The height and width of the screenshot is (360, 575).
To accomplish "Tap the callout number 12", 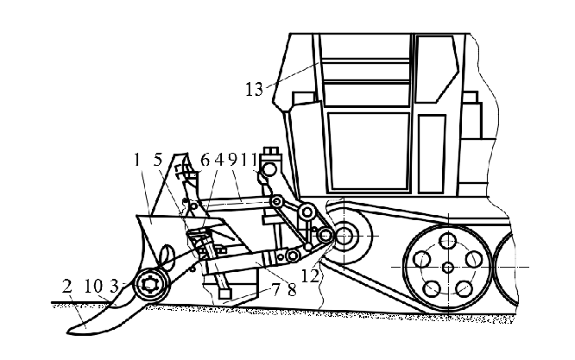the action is tap(307, 275).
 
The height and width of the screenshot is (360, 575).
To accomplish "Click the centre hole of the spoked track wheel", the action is tap(446, 266).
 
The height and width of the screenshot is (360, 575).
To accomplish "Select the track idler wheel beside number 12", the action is tap(349, 234).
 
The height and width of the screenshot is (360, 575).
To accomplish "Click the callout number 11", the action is tap(250, 159).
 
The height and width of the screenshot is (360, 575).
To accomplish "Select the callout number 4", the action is tap(219, 159).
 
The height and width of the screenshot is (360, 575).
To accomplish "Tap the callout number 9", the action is tap(231, 159).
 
